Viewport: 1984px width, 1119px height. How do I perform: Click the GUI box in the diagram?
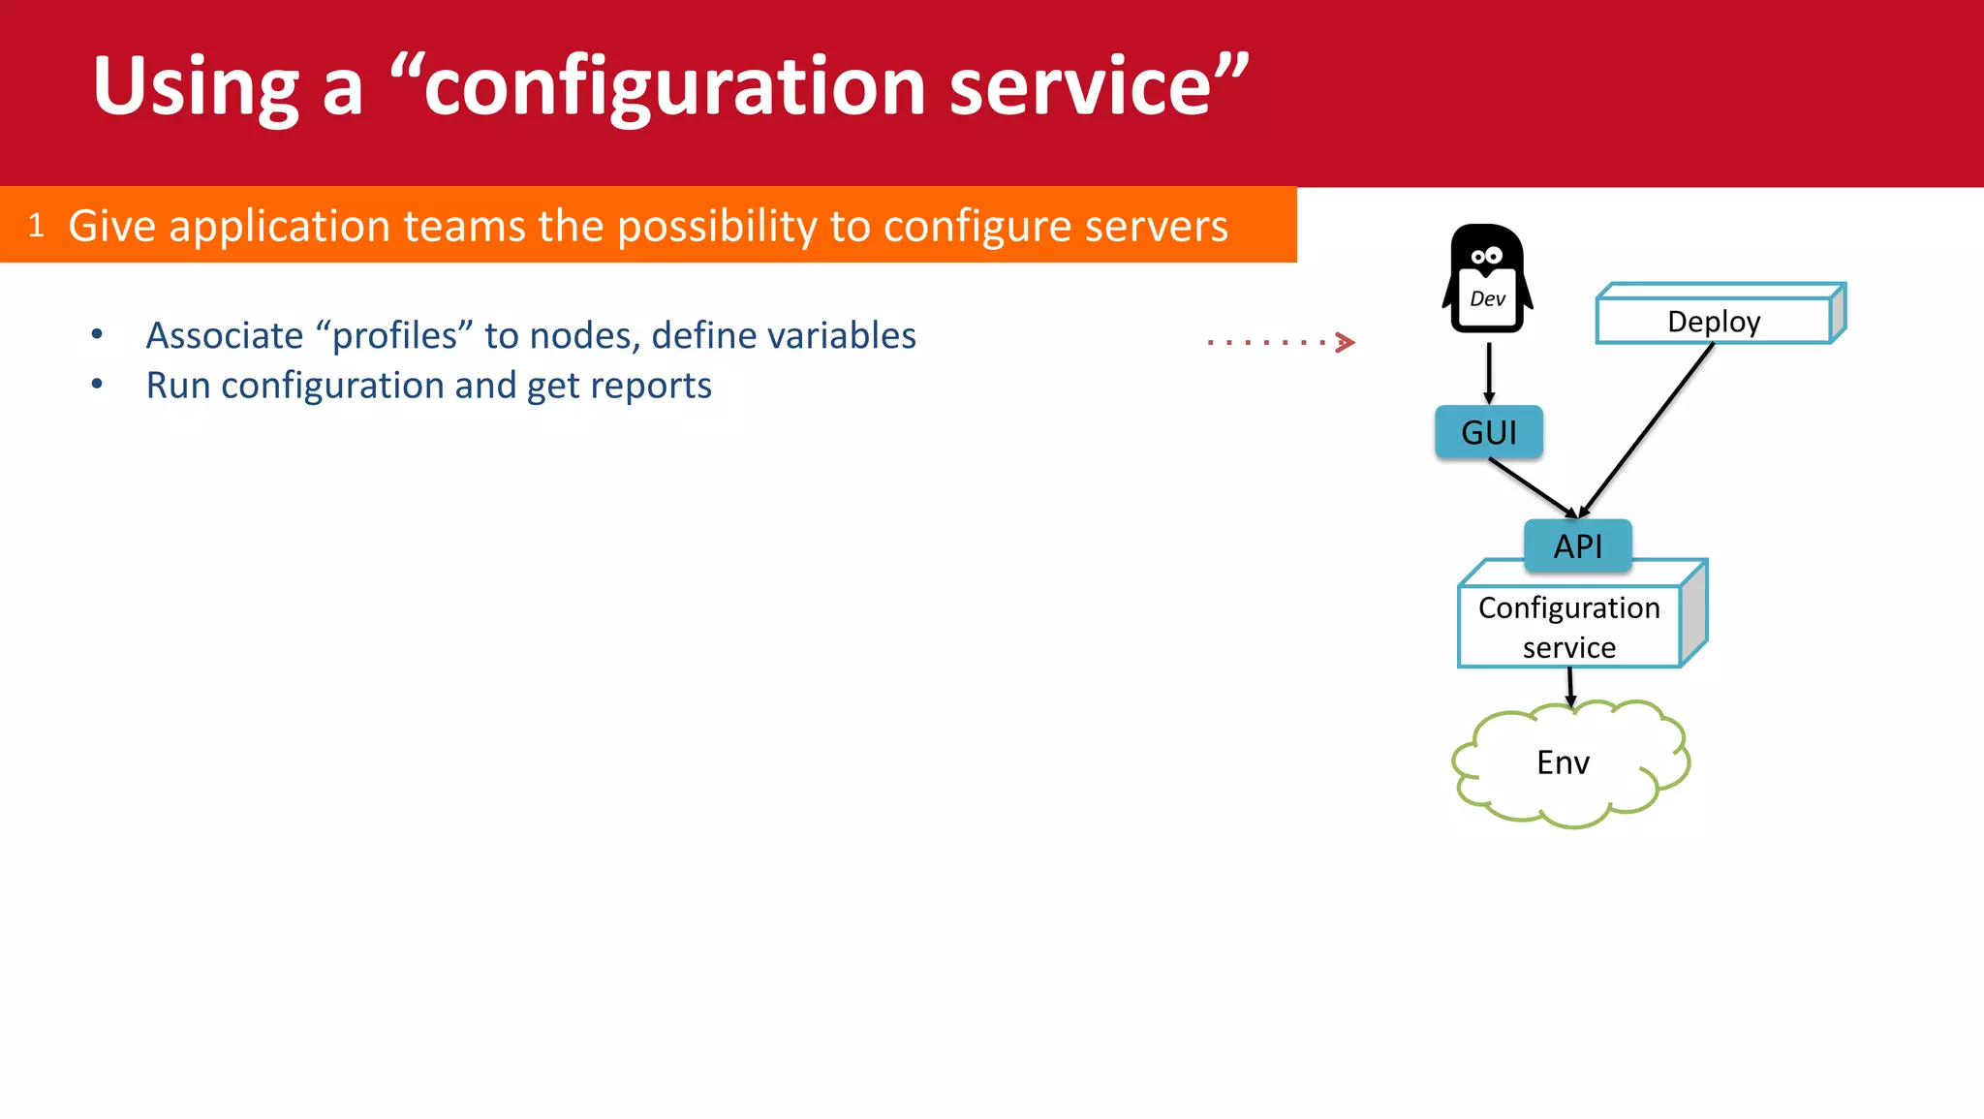pos(1488,432)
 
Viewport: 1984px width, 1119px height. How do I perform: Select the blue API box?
pos(1577,546)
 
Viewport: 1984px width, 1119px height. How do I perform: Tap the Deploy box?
pos(1714,321)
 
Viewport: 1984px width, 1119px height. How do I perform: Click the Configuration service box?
pos(1568,627)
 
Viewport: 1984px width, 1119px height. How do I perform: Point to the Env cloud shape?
pos(1563,762)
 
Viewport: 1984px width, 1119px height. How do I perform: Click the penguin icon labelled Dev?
pos(1487,280)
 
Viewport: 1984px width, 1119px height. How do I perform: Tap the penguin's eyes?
pos(1486,257)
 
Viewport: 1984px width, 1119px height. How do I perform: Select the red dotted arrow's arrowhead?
pos(1345,342)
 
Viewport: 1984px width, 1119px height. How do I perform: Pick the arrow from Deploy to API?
pos(1647,430)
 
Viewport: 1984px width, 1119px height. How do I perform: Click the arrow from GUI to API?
pos(1534,488)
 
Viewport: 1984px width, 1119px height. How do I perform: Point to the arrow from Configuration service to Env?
pos(1570,686)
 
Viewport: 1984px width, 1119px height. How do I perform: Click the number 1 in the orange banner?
pos(37,226)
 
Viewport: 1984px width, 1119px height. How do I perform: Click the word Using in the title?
pos(196,87)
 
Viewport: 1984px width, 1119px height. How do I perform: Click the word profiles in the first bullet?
pos(394,335)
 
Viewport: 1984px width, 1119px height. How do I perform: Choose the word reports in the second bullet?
pos(651,386)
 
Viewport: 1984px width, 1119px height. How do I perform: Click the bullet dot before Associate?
pos(97,335)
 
